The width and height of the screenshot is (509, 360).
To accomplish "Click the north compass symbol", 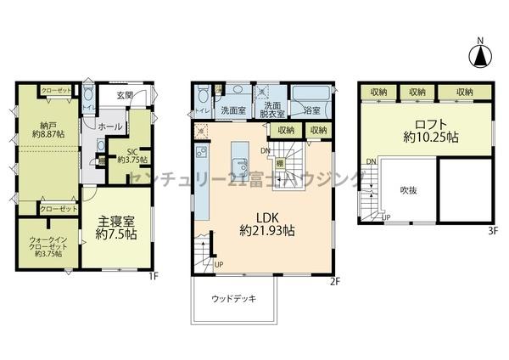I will click(x=480, y=55).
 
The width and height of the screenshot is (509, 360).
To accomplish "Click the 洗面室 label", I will click(x=232, y=110).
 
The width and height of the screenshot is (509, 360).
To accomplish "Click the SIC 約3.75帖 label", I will click(x=132, y=155).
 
